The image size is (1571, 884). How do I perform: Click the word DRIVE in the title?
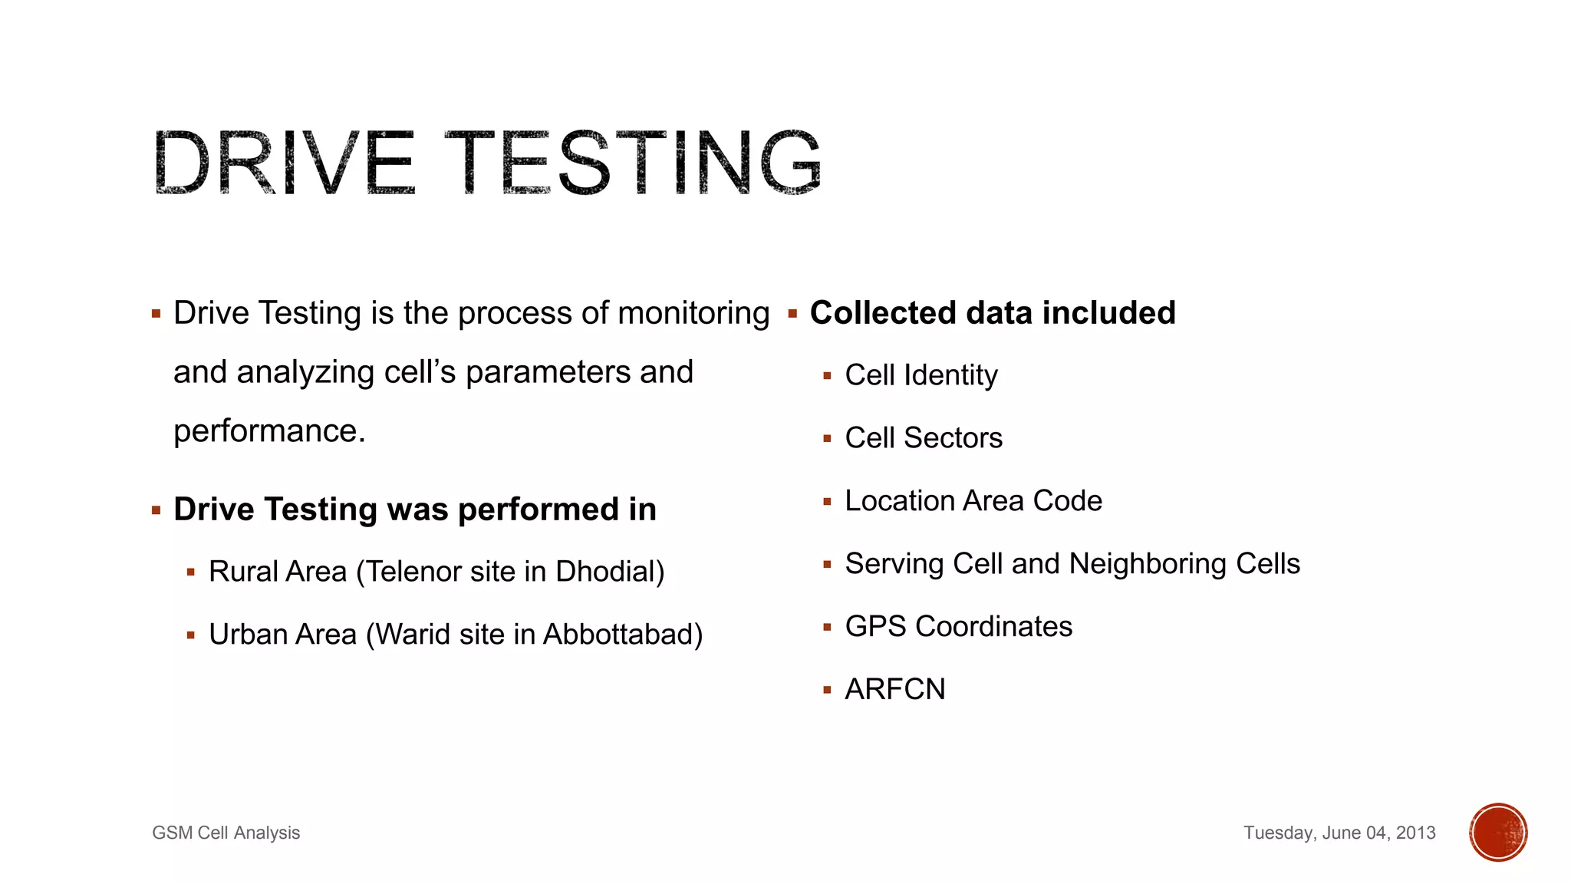click(x=284, y=162)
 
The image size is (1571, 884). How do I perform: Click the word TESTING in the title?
click(x=634, y=162)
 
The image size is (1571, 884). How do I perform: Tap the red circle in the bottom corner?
click(x=1498, y=833)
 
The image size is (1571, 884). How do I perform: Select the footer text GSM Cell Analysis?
click(x=226, y=833)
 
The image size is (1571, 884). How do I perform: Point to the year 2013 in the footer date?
click(x=1415, y=833)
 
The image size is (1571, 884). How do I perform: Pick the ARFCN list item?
click(x=895, y=689)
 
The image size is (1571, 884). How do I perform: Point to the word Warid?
click(x=413, y=635)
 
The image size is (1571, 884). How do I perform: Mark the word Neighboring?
click(x=1148, y=564)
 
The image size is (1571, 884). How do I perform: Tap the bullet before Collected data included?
click(x=792, y=313)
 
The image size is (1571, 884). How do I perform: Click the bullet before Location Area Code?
click(x=827, y=502)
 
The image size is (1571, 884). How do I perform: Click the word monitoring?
click(x=693, y=313)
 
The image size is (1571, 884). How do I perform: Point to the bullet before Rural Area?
click(x=190, y=572)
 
